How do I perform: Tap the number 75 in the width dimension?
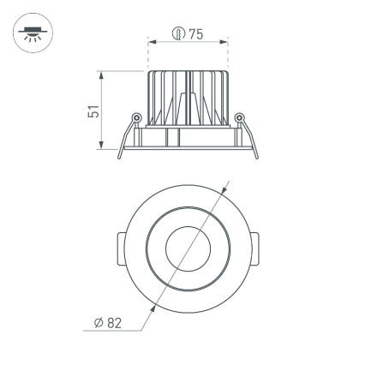point(195,34)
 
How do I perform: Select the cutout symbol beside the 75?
point(178,34)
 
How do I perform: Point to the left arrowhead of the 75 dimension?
point(152,40)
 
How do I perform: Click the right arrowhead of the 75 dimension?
point(225,40)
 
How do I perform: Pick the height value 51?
point(94,111)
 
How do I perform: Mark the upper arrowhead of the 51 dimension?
point(102,75)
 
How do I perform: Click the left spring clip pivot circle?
point(135,118)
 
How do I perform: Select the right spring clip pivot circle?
point(240,118)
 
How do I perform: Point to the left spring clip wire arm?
point(126,139)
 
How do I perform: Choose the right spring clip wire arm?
point(249,139)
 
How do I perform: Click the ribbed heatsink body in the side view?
point(188,99)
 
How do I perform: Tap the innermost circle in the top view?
point(188,250)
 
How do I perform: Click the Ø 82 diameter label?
point(108,322)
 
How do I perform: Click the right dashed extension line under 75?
point(228,56)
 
